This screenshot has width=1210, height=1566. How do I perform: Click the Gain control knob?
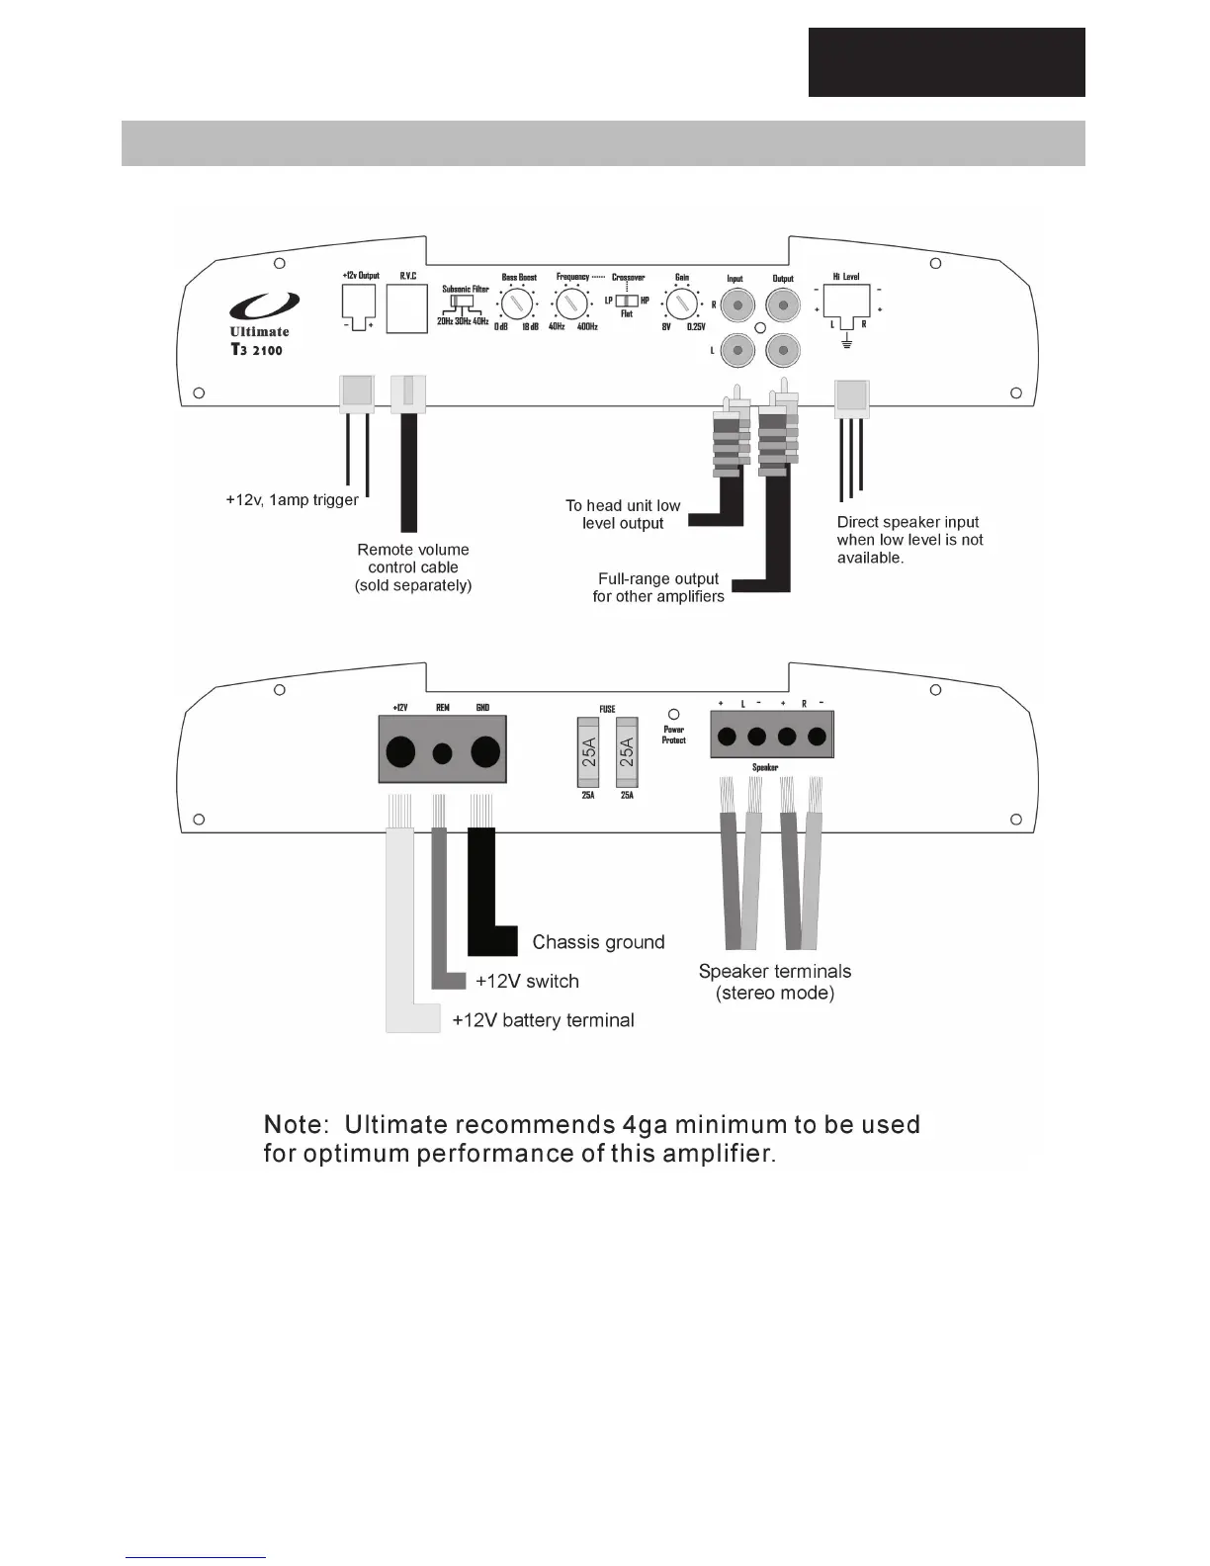coord(679,303)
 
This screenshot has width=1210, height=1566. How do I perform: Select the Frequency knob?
coord(567,303)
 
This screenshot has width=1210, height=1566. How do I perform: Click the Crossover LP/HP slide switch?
coord(627,301)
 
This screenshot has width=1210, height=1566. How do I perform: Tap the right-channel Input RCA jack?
coord(735,305)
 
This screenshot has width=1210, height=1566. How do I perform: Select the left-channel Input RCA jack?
coord(735,349)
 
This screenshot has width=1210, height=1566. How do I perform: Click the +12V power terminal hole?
coord(400,752)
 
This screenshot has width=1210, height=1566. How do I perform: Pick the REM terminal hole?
coord(443,753)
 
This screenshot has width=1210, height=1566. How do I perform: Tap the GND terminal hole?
coord(484,752)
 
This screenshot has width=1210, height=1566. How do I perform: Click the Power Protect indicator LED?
coord(674,714)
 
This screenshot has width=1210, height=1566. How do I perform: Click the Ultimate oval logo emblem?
coord(264,307)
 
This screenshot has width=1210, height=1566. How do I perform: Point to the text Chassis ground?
coord(598,942)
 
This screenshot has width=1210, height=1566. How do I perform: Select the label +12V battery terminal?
coord(543,1020)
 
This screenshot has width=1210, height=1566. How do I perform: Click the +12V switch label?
coord(527,981)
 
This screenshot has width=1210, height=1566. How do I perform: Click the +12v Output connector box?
coord(359,301)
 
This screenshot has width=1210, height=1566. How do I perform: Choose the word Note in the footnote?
coord(293,1125)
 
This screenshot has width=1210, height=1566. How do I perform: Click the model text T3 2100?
coord(256,350)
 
